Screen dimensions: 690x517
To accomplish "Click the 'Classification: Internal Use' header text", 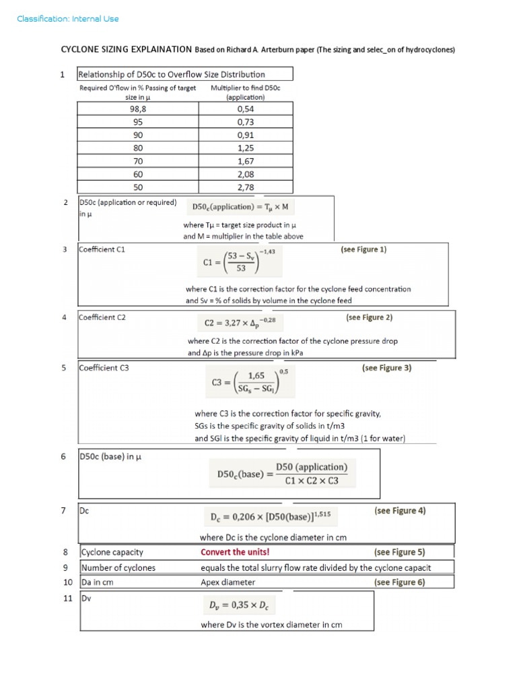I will [x=67, y=19].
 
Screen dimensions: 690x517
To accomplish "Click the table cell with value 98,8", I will [x=138, y=109].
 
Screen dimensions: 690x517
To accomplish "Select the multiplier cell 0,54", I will [x=245, y=109].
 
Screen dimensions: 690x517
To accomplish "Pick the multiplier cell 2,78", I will [x=245, y=187].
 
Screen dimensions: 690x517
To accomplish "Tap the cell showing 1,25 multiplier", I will [x=245, y=148].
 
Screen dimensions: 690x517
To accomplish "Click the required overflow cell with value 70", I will [x=138, y=161].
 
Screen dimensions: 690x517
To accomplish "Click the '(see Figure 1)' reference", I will [x=364, y=249].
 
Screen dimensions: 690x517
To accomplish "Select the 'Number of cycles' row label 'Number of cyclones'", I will [x=118, y=567].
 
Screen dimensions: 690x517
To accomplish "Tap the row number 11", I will [x=67, y=598].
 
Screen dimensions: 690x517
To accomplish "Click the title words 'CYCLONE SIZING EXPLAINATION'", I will [x=127, y=50].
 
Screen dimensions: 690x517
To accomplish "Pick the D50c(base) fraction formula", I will [x=282, y=474].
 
